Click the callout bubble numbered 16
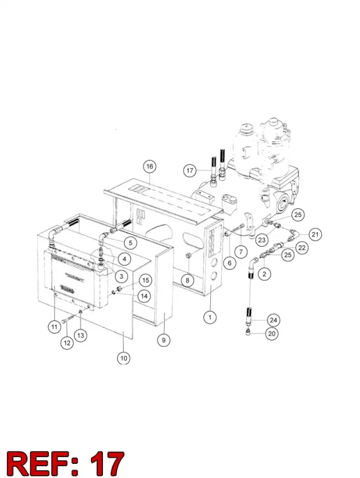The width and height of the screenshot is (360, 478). click(150, 167)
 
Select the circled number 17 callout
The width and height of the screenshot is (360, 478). click(190, 170)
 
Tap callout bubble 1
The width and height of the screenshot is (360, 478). click(210, 318)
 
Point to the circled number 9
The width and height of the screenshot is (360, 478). click(164, 340)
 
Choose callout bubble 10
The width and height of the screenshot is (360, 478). click(123, 358)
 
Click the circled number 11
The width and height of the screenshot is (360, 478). click(54, 327)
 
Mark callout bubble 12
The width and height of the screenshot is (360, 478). click(67, 343)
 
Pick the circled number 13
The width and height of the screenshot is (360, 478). click(80, 336)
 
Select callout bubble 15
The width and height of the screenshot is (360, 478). click(146, 280)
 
